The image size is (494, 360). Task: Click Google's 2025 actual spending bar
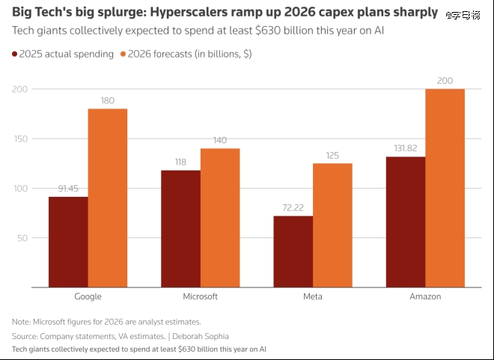[68, 242]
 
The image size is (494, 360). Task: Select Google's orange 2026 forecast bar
[108, 198]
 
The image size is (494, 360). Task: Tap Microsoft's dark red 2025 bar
[180, 228]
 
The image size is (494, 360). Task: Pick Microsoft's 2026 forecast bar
[220, 218]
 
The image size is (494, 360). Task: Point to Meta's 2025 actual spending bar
[293, 251]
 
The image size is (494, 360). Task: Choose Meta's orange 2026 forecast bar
[332, 225]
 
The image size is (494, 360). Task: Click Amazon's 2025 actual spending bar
[405, 222]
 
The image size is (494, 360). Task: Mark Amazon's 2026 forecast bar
[445, 188]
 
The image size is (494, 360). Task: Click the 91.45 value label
[68, 189]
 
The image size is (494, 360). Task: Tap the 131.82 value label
[405, 148]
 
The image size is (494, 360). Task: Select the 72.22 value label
[293, 207]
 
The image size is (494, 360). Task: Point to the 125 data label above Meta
[332, 155]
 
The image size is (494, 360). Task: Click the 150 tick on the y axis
[20, 139]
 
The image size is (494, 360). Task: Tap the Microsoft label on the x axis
[200, 296]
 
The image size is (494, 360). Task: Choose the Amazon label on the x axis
[425, 296]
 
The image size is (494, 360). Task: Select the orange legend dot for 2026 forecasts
[123, 54]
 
